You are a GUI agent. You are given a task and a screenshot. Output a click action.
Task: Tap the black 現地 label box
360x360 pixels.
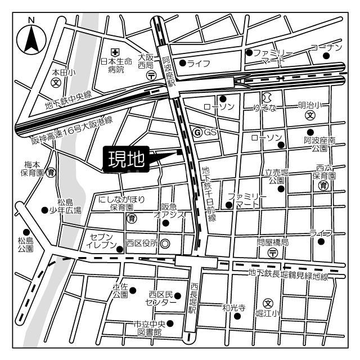[125, 159]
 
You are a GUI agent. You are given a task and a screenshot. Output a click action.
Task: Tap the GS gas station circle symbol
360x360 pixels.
[197, 132]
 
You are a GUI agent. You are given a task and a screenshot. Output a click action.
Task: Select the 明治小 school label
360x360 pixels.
[309, 105]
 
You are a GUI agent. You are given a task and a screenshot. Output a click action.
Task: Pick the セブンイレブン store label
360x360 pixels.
[102, 241]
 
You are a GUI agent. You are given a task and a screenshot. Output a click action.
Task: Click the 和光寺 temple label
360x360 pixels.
[233, 307]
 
